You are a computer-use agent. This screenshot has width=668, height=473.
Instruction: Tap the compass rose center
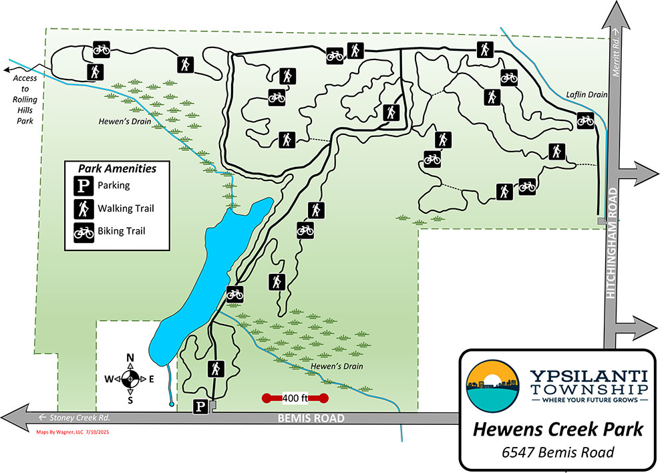click(x=131, y=379)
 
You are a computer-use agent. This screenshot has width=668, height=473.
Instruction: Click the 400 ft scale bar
click(x=295, y=399)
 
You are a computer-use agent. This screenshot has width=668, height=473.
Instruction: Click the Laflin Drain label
click(x=587, y=95)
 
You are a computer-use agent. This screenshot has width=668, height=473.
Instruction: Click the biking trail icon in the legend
click(x=83, y=232)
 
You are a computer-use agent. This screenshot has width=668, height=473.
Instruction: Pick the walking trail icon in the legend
click(x=83, y=208)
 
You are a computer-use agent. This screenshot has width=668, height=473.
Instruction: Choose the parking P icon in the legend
click(x=83, y=185)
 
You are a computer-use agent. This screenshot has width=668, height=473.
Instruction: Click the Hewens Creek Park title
click(x=558, y=429)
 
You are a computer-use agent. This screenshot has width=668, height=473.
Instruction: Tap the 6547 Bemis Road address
click(x=558, y=453)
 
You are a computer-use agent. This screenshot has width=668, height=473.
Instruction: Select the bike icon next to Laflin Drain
click(x=585, y=120)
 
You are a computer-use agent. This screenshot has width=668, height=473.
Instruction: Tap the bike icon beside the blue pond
click(x=234, y=293)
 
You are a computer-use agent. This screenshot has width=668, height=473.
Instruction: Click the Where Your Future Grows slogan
click(x=589, y=400)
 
